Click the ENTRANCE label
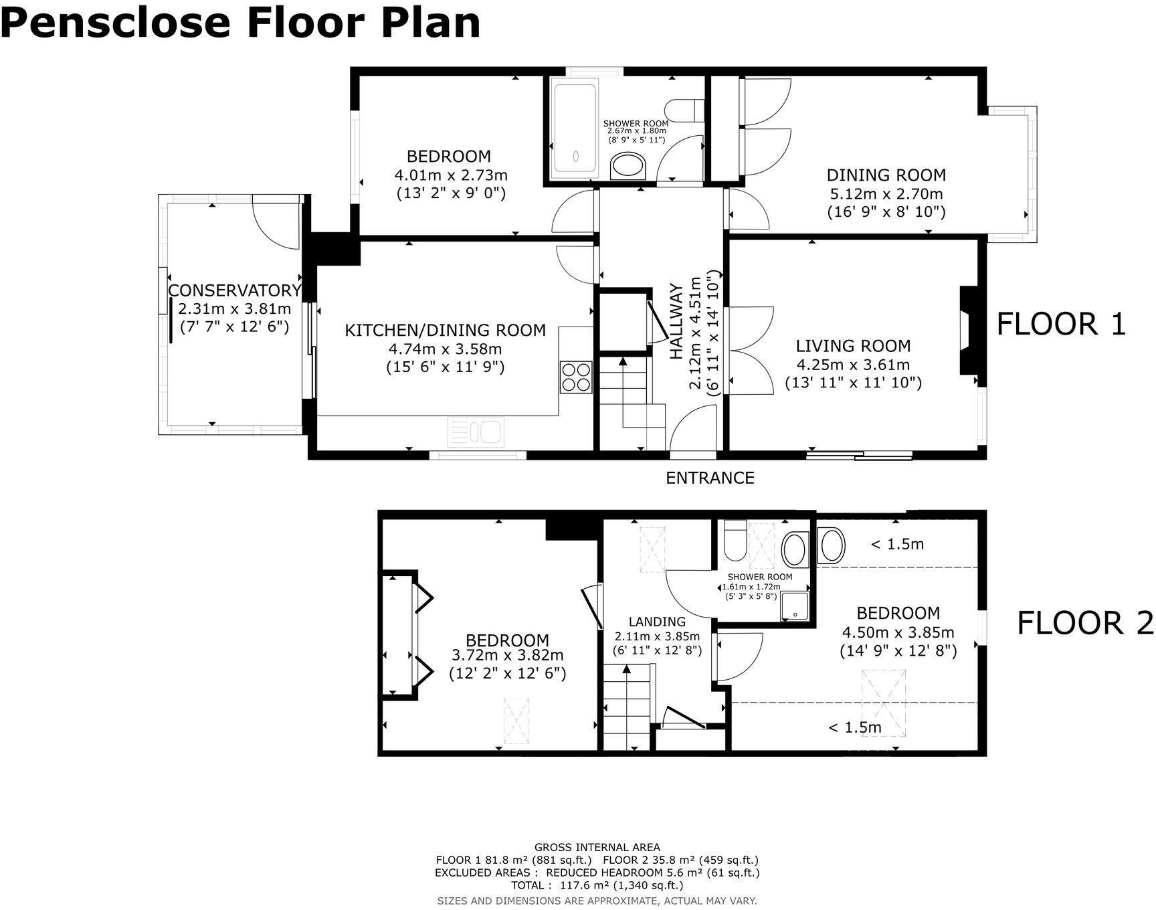pos(710,478)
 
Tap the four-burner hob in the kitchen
pos(576,377)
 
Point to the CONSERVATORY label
pos(233,290)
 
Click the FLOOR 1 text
pos(1061,325)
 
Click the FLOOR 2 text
pos(1085,624)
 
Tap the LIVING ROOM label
pos(853,346)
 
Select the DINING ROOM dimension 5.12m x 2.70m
pos(886,194)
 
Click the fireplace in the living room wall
pos(968,330)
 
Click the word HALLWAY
pos(677,322)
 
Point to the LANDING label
pos(657,622)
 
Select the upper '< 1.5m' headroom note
pos(897,545)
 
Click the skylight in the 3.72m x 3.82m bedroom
pos(516,721)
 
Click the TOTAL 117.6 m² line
pos(597,885)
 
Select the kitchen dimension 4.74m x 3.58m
pos(445,349)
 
